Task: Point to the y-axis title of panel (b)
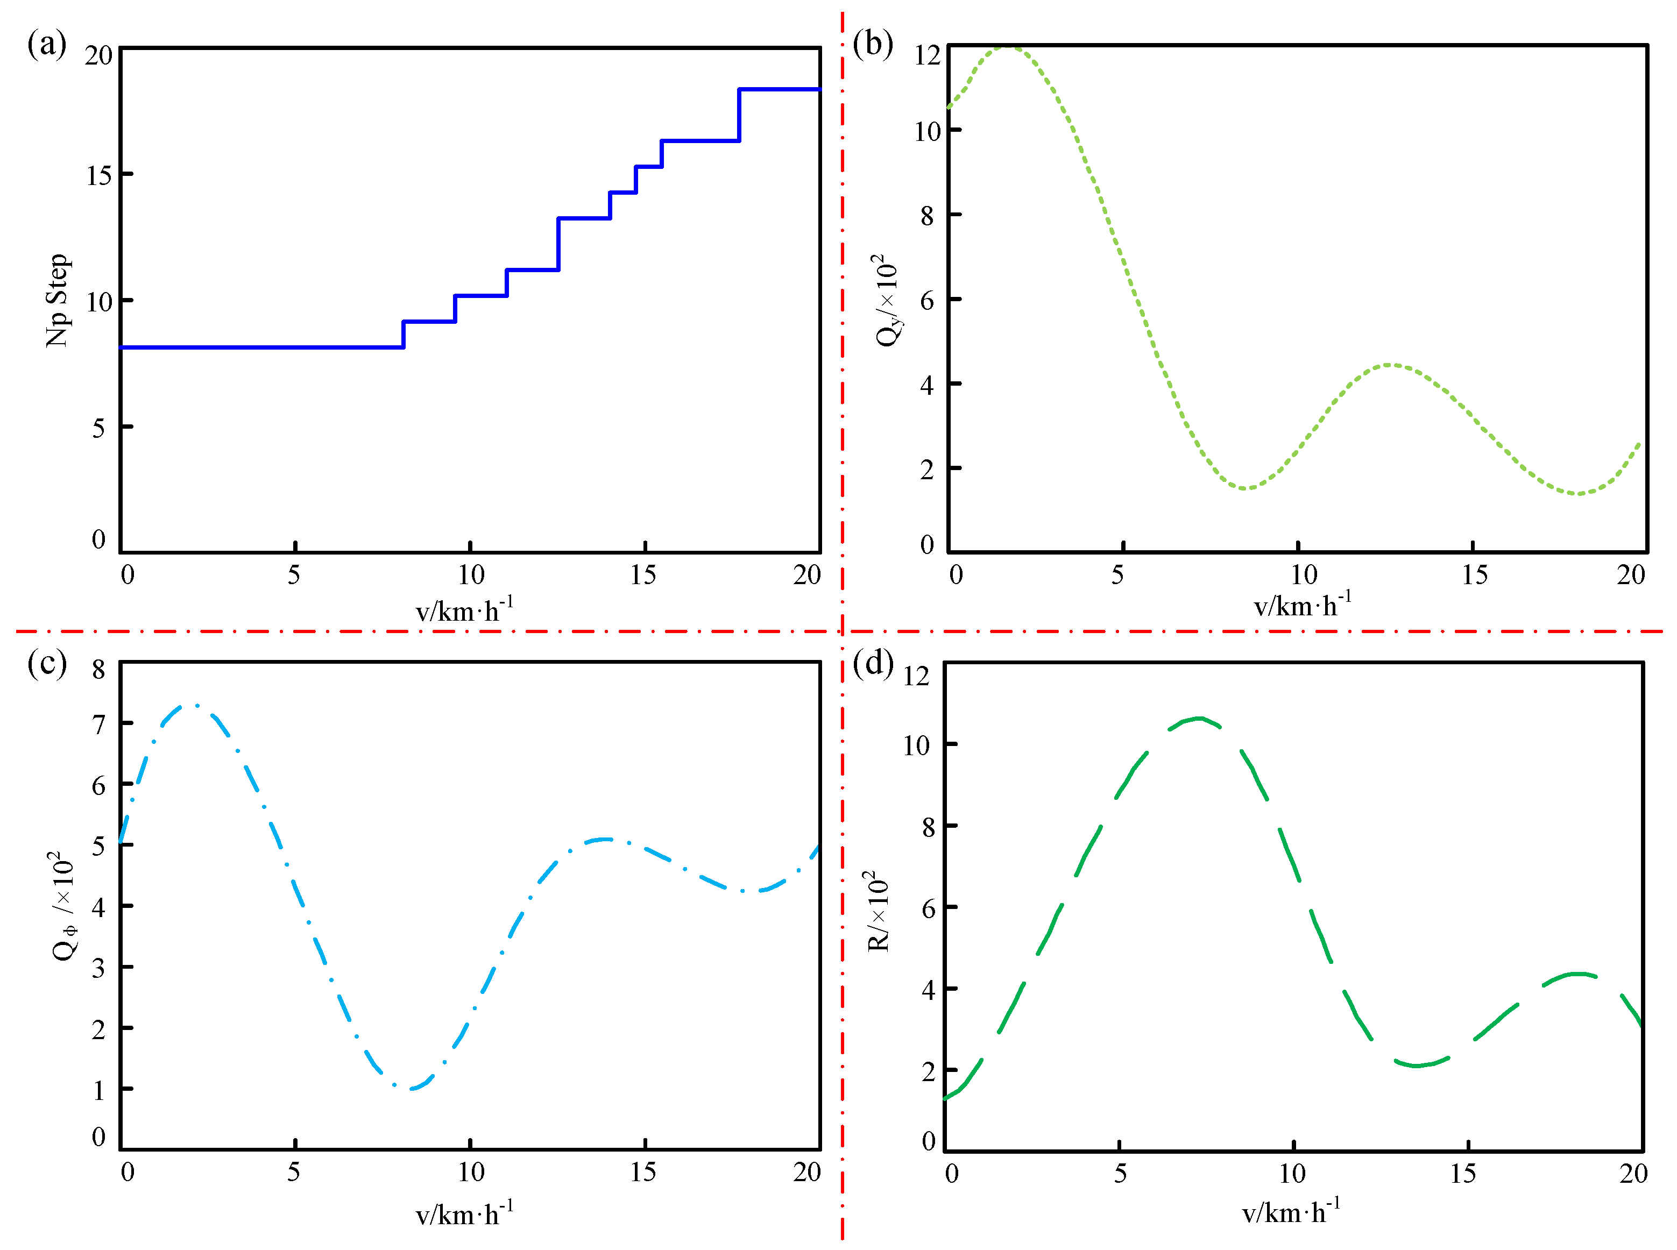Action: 887,300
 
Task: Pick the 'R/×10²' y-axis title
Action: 878,911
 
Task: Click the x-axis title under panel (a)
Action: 464,609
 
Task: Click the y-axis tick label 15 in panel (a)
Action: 99,175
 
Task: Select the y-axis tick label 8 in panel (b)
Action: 927,216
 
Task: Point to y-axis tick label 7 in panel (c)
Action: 98,725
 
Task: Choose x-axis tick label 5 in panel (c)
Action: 294,1172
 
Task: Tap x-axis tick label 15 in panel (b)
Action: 1474,575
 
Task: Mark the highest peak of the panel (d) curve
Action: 1198,718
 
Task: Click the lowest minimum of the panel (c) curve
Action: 412,1089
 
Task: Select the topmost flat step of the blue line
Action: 780,89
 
